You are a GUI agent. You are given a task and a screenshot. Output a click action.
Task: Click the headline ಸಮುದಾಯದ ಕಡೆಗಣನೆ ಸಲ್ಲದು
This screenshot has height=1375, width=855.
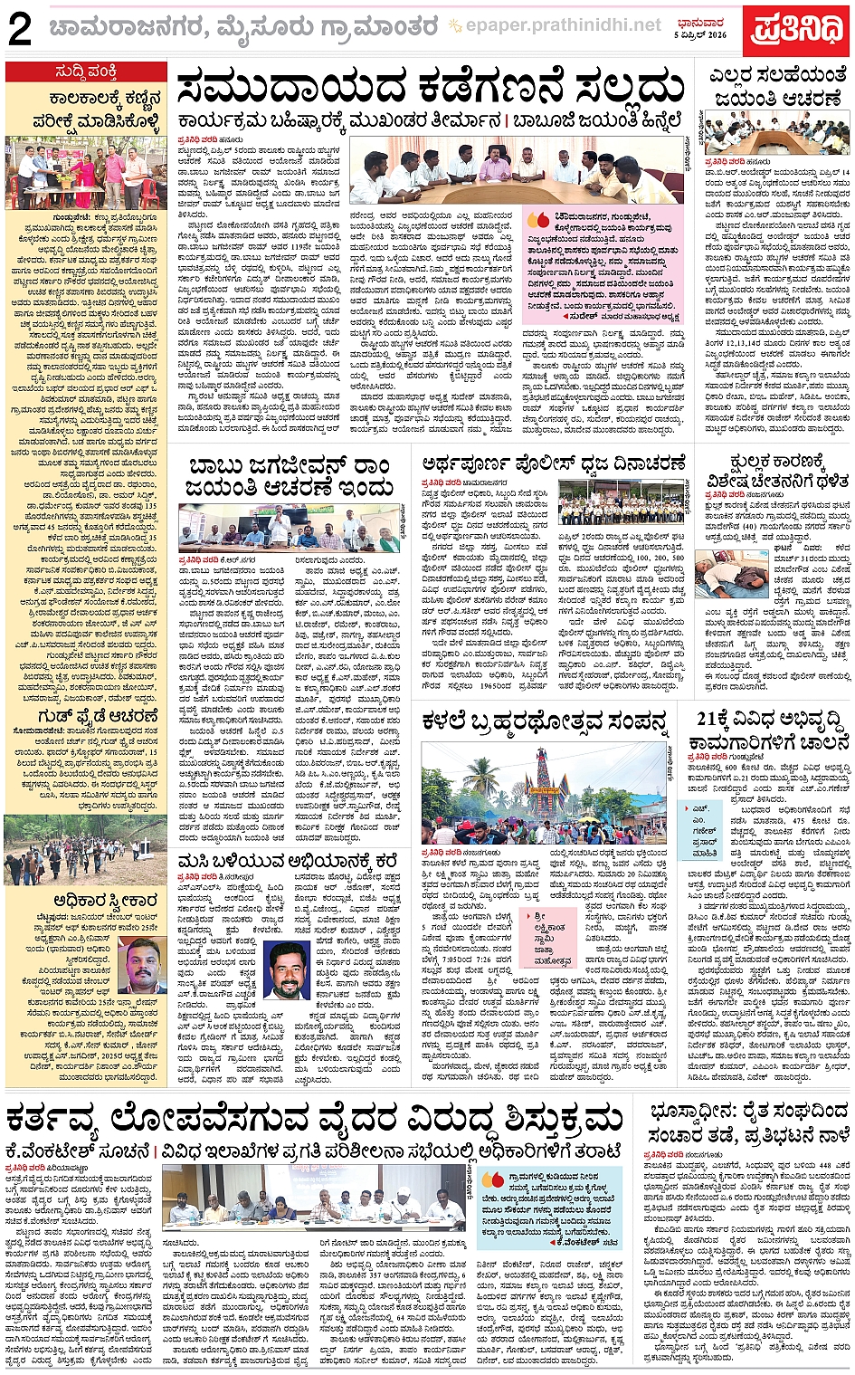[430, 90]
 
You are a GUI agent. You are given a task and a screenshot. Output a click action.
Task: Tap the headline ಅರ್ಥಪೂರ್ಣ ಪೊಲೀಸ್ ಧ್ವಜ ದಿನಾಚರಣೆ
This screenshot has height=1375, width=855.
[553, 464]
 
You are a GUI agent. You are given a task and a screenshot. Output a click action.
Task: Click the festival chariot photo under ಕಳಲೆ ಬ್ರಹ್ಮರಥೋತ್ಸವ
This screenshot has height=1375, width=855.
[543, 793]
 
